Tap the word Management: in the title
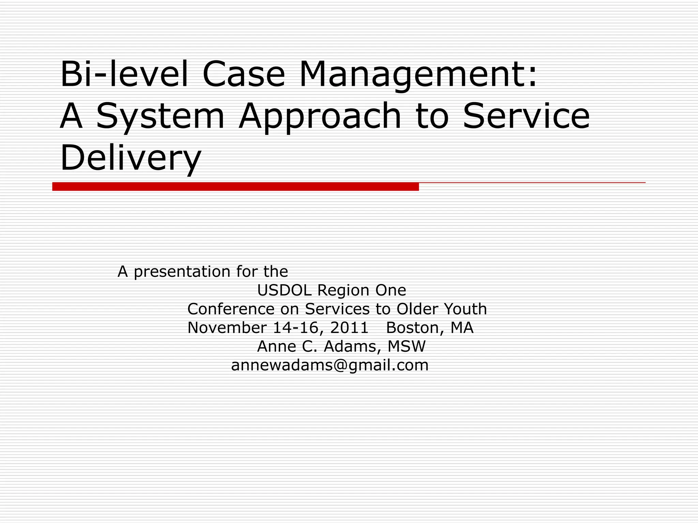(x=418, y=74)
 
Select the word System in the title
(x=160, y=116)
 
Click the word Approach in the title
(x=320, y=116)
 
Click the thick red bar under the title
(x=235, y=187)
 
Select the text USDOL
(x=284, y=290)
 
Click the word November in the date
(x=227, y=328)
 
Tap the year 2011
(x=349, y=328)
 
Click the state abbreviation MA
(x=462, y=328)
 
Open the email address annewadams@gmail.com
(x=330, y=365)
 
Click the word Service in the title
(x=526, y=116)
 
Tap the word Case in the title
(x=243, y=74)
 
